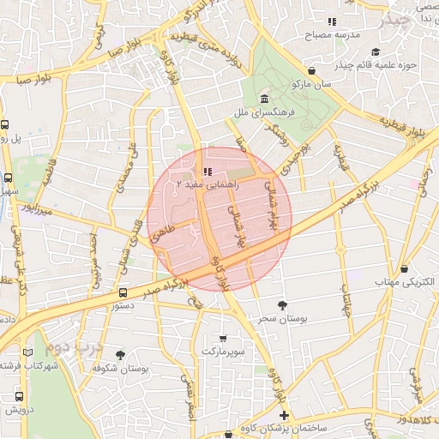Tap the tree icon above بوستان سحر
(x=283, y=304)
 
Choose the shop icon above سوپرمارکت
(x=224, y=338)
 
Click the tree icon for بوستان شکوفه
(x=120, y=354)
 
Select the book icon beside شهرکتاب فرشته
(x=29, y=352)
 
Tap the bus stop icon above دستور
(x=123, y=292)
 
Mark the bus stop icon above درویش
(x=19, y=396)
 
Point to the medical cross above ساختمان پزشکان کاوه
(x=285, y=415)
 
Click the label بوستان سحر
(x=283, y=319)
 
